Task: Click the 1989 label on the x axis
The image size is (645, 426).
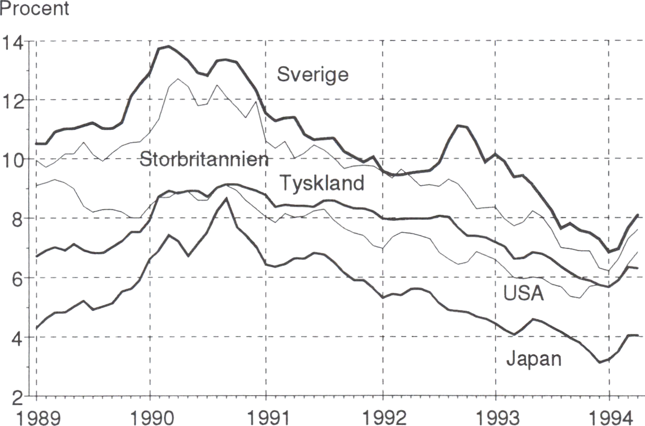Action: [x=36, y=416]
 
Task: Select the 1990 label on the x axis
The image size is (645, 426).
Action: [x=150, y=416]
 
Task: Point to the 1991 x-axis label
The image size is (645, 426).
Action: [x=265, y=416]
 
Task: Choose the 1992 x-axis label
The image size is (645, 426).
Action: [x=382, y=416]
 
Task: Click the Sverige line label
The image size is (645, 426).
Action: [x=313, y=75]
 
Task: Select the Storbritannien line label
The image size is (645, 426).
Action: [x=204, y=159]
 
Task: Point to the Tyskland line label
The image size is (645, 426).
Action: [x=322, y=184]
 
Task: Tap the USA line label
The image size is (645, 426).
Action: [x=523, y=293]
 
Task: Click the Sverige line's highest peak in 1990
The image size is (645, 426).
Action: [x=169, y=47]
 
